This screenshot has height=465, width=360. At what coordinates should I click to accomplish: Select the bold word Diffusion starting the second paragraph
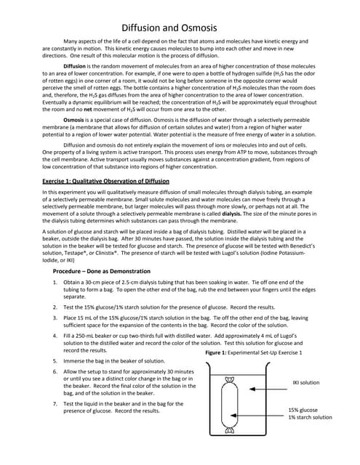tap(77, 65)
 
